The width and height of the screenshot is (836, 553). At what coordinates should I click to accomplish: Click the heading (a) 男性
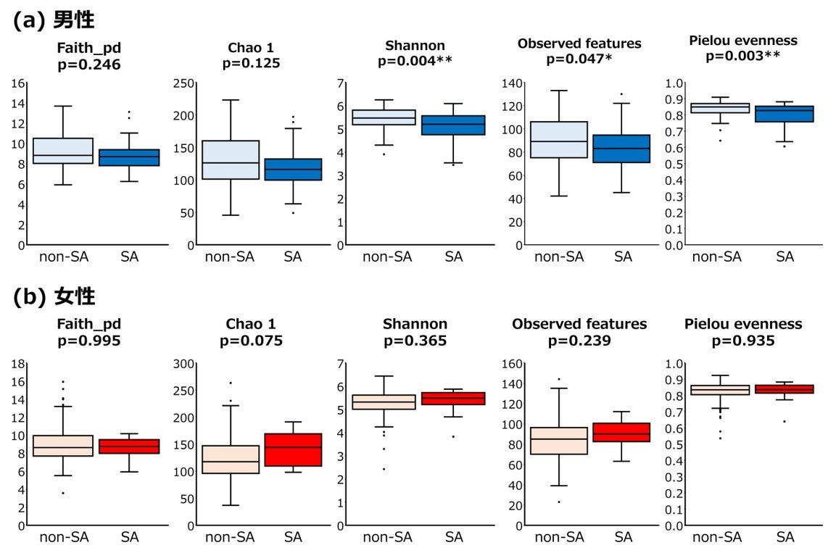tap(54, 20)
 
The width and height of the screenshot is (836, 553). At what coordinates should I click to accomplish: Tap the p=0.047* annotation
tap(579, 59)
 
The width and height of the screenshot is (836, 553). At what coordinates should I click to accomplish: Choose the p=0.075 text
tap(252, 340)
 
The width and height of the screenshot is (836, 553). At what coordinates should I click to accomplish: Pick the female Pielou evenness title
tap(743, 323)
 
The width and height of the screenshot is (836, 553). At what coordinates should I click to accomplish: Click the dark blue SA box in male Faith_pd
tap(128, 157)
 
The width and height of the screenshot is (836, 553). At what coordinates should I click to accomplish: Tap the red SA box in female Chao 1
tap(293, 449)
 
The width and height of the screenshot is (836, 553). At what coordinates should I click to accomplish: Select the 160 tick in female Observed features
tap(513, 364)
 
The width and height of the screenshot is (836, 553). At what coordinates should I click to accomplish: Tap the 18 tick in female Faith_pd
tap(21, 364)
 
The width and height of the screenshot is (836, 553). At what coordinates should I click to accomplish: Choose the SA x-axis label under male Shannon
tap(454, 257)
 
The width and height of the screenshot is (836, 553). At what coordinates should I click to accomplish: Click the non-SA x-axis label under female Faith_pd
tap(64, 537)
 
